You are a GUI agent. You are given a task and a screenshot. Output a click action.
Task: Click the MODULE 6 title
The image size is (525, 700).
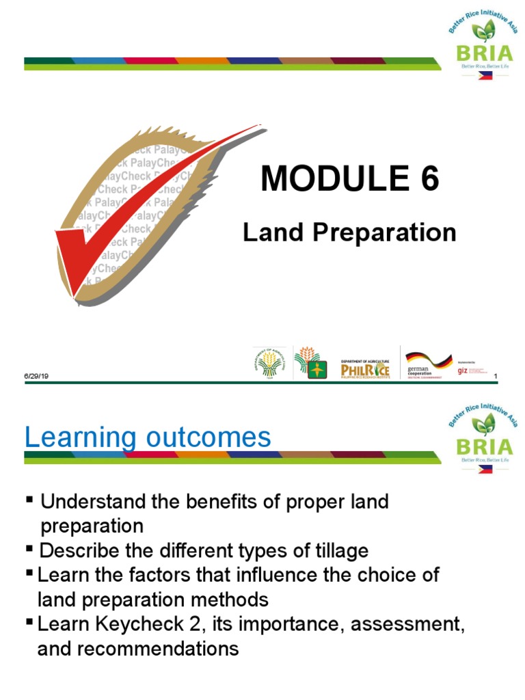point(350,180)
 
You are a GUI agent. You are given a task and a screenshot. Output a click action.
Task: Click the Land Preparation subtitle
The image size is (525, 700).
point(349,233)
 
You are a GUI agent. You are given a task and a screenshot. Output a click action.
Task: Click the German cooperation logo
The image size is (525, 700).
point(428,363)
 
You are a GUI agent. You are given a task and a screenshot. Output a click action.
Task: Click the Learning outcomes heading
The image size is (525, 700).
point(148,437)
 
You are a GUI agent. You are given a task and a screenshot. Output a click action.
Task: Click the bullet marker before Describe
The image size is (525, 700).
point(30,550)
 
